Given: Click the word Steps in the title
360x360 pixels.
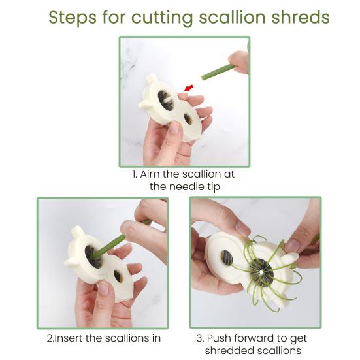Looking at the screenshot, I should point(71,17).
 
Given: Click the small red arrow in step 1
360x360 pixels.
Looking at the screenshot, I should point(189,87).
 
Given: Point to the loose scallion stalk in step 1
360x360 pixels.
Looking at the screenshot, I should point(218,72).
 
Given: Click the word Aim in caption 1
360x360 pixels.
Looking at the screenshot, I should point(152,174).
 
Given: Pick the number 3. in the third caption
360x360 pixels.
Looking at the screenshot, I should point(200,338).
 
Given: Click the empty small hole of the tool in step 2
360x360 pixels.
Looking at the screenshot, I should point(118,276).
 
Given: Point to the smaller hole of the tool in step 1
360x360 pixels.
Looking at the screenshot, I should point(188,119).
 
